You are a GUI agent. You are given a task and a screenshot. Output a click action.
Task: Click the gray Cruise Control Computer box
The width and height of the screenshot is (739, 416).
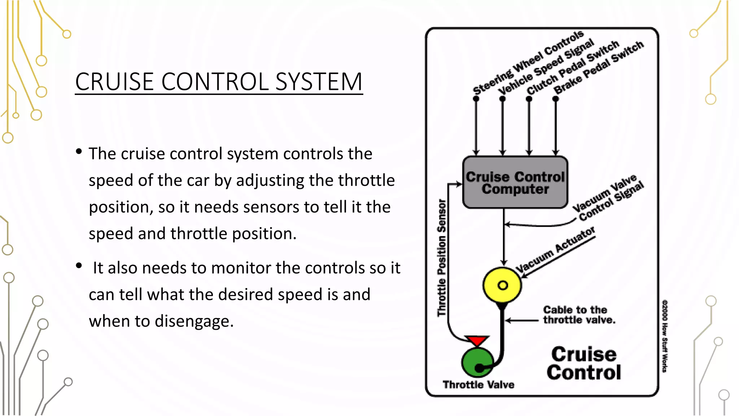click(x=515, y=183)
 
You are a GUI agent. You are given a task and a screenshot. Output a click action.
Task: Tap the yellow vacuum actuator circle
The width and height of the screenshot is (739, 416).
click(x=502, y=285)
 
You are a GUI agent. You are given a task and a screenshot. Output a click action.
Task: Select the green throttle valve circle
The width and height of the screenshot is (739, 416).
click(x=477, y=362)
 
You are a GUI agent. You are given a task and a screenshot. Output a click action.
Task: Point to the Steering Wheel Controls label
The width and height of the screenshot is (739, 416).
click(x=528, y=62)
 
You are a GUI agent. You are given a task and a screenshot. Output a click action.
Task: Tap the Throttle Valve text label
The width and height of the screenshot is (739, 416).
click(x=478, y=385)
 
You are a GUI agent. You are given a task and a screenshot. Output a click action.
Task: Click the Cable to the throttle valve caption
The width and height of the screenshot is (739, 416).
click(x=579, y=315)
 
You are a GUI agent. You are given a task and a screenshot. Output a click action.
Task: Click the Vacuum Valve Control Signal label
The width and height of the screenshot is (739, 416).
click(x=608, y=198)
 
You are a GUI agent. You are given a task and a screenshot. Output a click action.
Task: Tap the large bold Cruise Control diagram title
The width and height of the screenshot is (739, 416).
click(x=583, y=363)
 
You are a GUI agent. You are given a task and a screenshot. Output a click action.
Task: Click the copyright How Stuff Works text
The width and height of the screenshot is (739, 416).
click(x=664, y=336)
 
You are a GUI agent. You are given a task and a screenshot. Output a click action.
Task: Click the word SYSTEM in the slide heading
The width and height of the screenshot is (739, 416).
click(x=319, y=82)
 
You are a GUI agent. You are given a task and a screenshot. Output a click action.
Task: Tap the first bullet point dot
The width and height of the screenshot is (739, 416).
click(x=79, y=152)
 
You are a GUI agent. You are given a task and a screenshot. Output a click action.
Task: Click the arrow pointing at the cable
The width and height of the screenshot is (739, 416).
click(x=522, y=320)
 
